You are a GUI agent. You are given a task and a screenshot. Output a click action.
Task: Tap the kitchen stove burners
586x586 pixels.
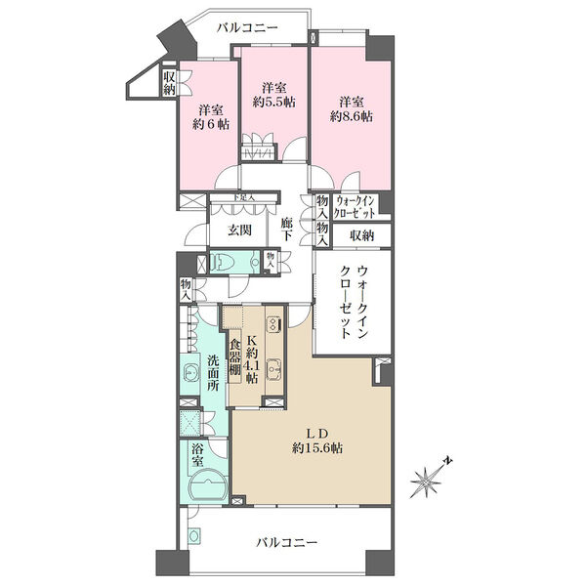coord(272,326)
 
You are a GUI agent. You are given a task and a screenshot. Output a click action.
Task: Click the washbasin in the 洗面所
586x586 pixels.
coord(192,372)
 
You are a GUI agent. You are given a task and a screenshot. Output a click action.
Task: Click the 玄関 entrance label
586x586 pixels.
coord(240,231)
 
